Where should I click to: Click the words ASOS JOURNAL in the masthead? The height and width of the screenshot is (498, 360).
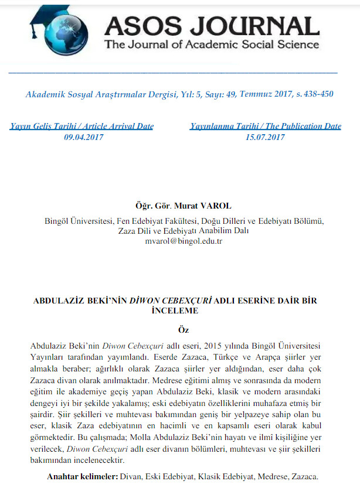[x=211, y=26]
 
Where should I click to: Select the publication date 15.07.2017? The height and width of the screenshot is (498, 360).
[x=265, y=137]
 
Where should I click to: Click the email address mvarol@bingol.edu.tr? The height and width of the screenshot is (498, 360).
[x=184, y=241]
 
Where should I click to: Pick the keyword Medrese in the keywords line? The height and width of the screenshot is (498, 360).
[x=275, y=477]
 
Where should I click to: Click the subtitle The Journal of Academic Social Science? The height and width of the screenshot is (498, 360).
[x=211, y=45]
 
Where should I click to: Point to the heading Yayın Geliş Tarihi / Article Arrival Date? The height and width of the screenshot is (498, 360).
[x=82, y=126]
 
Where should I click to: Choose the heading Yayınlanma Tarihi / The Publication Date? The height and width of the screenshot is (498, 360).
[x=265, y=126]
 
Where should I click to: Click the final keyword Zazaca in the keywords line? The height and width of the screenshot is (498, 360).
[x=305, y=477]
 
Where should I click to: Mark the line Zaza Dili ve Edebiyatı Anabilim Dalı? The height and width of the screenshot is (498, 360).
[x=184, y=231]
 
